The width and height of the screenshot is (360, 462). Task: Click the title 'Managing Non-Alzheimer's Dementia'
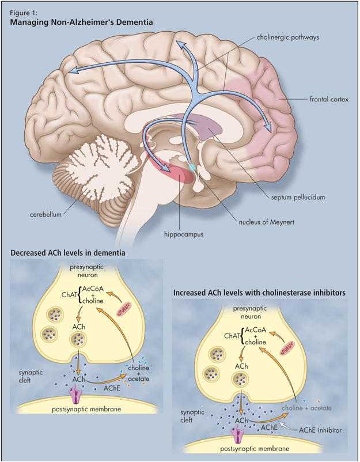point(81,22)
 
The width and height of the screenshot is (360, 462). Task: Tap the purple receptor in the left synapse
point(76,395)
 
